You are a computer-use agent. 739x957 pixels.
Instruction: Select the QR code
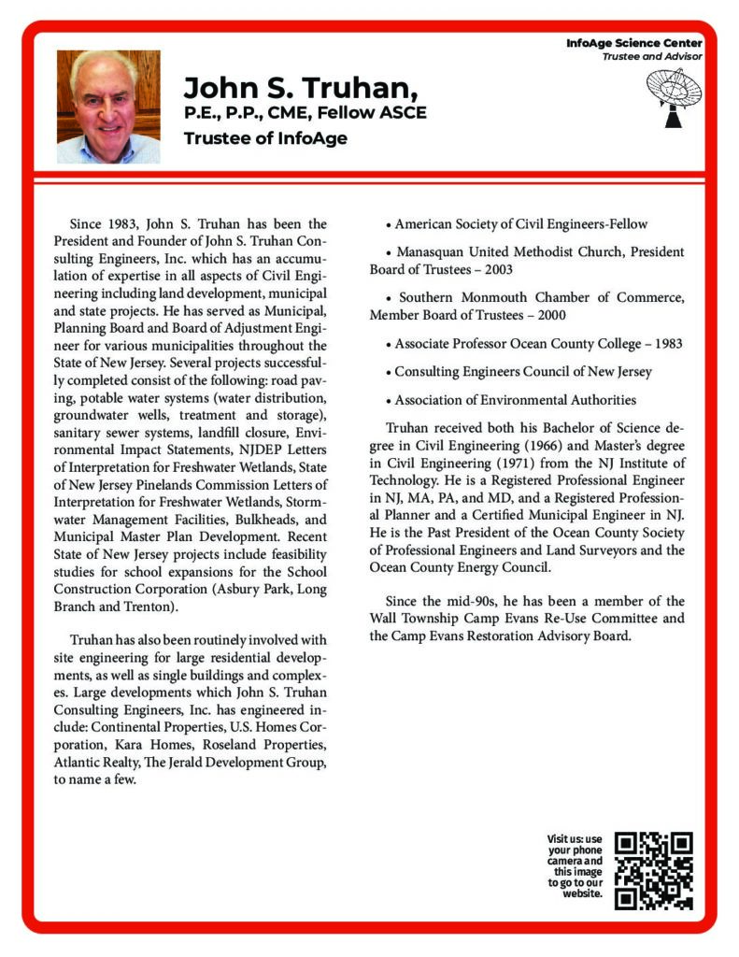point(654,870)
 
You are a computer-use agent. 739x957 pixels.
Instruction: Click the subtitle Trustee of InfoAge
point(265,139)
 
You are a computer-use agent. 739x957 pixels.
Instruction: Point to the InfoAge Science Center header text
point(634,44)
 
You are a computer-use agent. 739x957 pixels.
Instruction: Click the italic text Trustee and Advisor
point(651,57)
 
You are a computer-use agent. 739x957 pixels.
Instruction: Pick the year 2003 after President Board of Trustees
point(509,269)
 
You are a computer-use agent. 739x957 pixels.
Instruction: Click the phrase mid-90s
point(456,601)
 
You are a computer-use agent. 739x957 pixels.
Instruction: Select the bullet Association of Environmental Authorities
point(515,399)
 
